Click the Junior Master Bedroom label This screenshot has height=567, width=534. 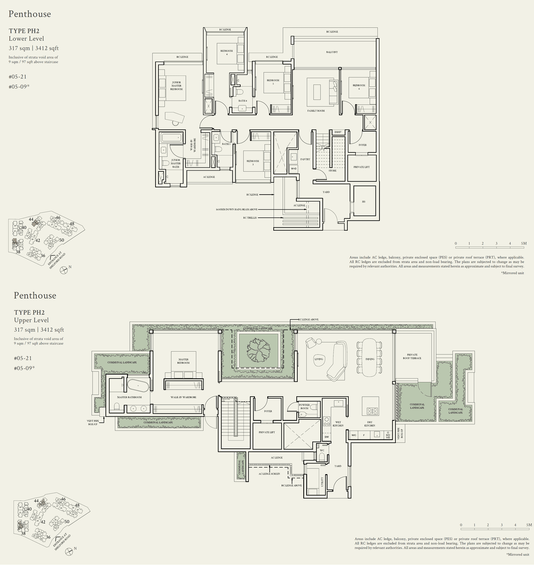point(176,86)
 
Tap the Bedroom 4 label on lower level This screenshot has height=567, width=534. point(227,52)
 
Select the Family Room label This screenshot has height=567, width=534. point(316,111)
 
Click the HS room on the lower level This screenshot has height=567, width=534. point(364,201)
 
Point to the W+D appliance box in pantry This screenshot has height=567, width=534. point(294,169)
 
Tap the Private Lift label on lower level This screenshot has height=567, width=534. point(361,167)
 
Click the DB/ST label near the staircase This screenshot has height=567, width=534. point(338,132)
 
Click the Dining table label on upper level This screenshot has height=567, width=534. point(370,359)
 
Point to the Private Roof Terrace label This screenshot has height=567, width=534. point(412,356)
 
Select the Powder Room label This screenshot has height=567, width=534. point(304,406)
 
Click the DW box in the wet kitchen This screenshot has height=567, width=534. point(326,437)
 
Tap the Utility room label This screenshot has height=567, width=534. point(322,482)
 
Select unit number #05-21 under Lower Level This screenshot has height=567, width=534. point(18,76)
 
